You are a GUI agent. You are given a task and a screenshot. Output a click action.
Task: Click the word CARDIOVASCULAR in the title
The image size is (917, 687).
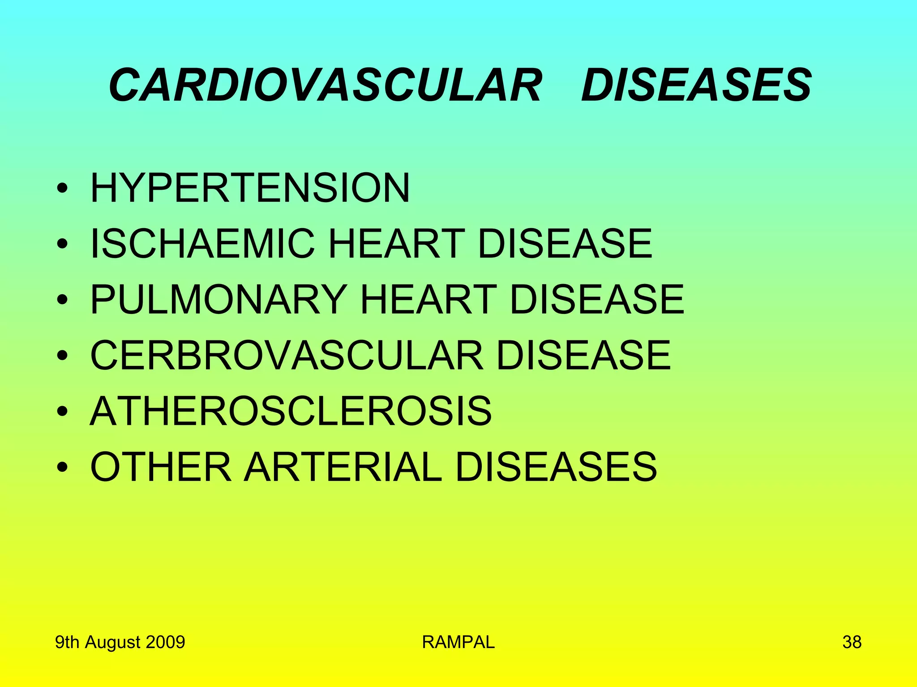point(326,85)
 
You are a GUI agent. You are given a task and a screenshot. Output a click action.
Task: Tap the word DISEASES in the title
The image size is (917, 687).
point(696,85)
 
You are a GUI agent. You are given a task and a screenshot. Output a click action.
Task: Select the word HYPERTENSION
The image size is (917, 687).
point(250,187)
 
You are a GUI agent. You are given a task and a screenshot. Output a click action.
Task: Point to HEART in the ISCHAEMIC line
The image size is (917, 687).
point(397,243)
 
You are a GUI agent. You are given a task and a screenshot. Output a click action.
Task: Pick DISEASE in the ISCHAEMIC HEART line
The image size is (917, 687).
point(565,243)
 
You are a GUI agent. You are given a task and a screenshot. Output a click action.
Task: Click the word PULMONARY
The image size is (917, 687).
point(219,299)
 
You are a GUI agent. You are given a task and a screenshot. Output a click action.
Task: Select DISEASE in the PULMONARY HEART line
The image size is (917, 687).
point(597,299)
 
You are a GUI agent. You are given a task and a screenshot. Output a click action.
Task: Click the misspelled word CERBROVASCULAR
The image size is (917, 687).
point(287,355)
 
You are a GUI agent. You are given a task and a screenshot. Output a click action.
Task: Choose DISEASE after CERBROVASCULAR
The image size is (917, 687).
point(583,355)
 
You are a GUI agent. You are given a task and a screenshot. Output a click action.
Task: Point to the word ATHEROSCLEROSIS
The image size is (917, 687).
point(291,411)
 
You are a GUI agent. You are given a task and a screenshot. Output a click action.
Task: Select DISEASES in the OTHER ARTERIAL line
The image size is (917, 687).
point(556,467)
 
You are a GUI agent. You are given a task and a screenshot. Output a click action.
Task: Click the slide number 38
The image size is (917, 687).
point(852,642)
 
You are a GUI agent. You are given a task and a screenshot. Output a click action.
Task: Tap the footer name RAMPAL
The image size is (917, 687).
point(458,642)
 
